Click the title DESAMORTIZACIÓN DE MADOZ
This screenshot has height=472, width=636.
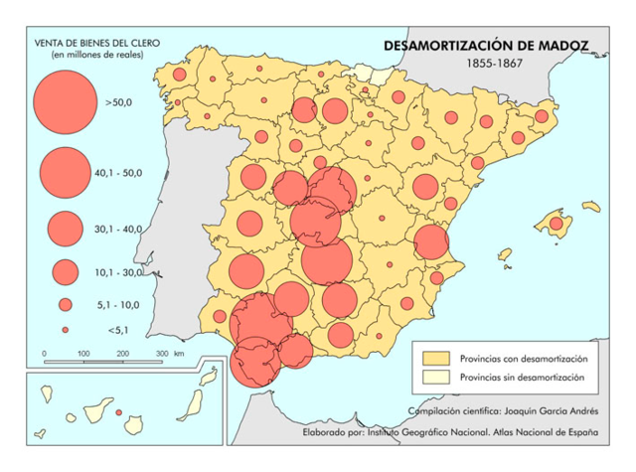486,46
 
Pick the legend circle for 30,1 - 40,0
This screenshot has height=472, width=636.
65,229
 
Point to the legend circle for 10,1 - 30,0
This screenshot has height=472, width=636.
66,271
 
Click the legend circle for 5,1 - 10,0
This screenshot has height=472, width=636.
66,305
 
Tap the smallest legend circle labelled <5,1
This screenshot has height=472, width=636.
65,329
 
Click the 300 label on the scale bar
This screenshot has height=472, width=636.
161,354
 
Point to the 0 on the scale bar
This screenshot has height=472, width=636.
45,354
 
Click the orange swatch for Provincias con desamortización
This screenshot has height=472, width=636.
433,358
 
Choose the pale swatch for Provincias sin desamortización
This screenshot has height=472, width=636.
433,378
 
